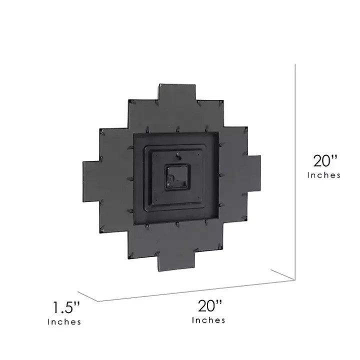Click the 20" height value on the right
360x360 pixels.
(x=326, y=161)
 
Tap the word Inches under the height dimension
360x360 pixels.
(x=324, y=175)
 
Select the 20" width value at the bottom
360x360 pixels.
(x=209, y=305)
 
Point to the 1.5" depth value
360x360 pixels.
(x=67, y=306)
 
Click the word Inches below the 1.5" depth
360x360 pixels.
(x=64, y=321)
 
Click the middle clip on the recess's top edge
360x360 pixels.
(x=177, y=131)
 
